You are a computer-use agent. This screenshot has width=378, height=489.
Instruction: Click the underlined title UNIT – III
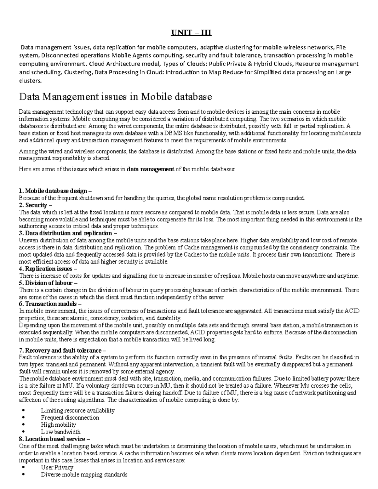click(x=191, y=33)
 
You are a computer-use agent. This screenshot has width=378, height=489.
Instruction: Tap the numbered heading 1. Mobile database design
click(x=55, y=191)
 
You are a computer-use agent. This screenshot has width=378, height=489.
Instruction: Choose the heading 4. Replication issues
click(x=48, y=269)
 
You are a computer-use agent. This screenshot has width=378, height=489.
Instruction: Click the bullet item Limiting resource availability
click(x=78, y=410)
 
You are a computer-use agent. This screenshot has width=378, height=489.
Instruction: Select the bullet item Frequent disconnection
click(x=70, y=418)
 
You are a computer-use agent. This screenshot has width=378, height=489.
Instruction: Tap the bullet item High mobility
click(x=59, y=424)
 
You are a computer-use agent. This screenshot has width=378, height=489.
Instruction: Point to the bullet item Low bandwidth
click(x=61, y=432)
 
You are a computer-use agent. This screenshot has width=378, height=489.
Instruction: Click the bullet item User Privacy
click(x=57, y=467)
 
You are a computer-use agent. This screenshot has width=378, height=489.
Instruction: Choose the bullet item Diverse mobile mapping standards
click(x=84, y=474)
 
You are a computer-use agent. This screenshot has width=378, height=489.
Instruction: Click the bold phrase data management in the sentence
click(x=150, y=169)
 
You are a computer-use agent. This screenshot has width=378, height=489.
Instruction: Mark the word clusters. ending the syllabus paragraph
click(x=30, y=80)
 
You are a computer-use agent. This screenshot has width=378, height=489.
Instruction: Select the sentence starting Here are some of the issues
click(x=127, y=169)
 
